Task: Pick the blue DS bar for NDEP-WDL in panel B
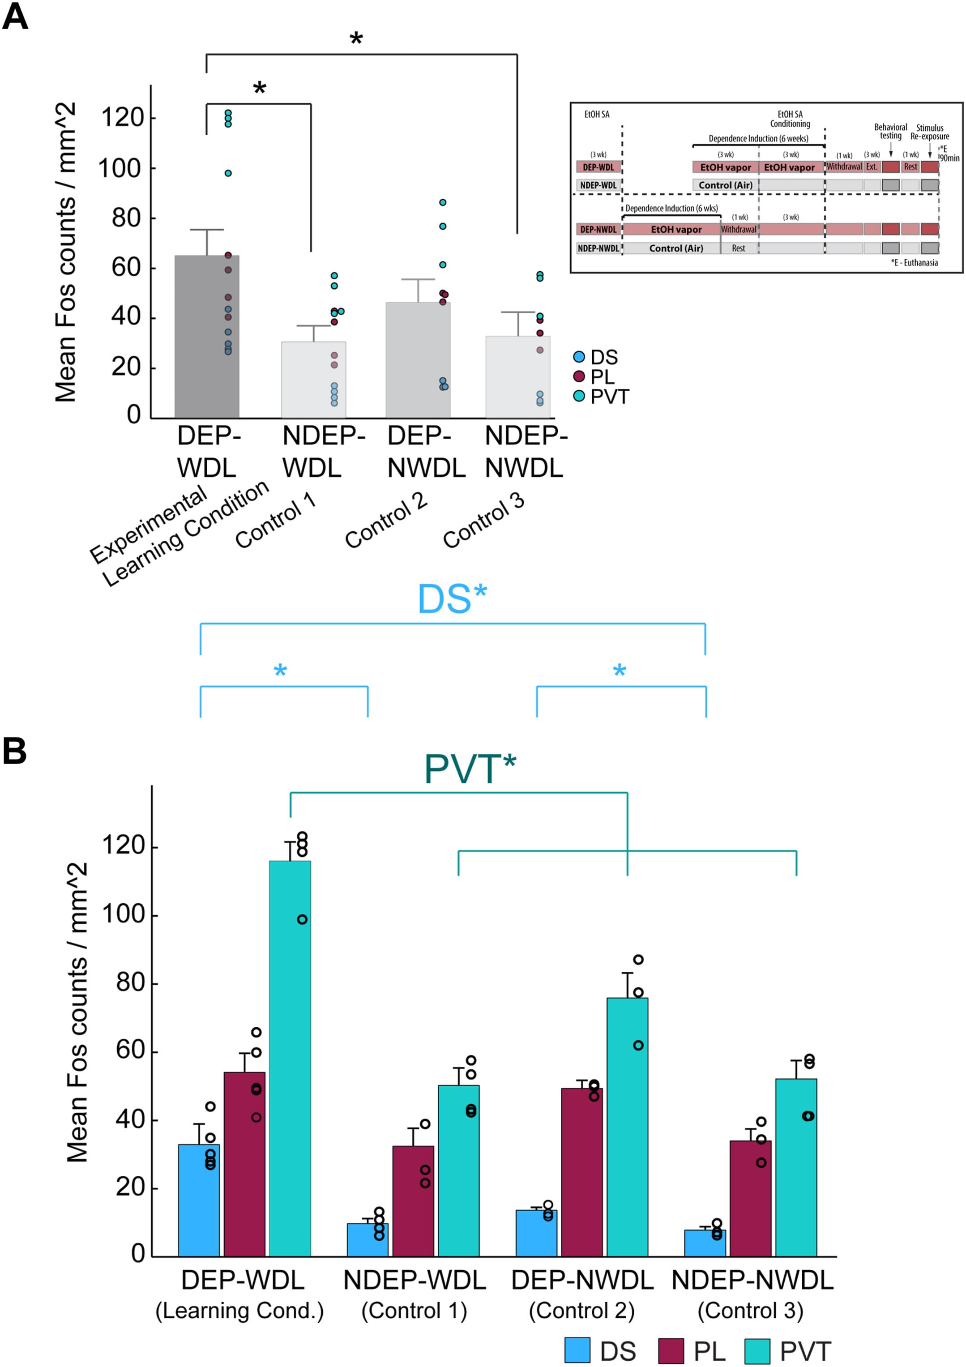pyautogui.click(x=368, y=1239)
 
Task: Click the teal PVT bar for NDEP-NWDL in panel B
pyautogui.click(x=795, y=1167)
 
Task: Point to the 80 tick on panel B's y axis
pyautogui.click(x=131, y=983)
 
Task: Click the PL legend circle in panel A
pyautogui.click(x=578, y=376)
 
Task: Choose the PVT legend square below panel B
pyautogui.click(x=757, y=1351)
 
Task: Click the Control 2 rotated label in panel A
pyautogui.click(x=386, y=521)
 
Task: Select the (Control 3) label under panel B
pyautogui.click(x=750, y=1311)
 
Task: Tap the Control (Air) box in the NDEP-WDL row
pyautogui.click(x=725, y=185)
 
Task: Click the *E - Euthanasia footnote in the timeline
pyautogui.click(x=914, y=263)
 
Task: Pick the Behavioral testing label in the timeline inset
pyautogui.click(x=890, y=132)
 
